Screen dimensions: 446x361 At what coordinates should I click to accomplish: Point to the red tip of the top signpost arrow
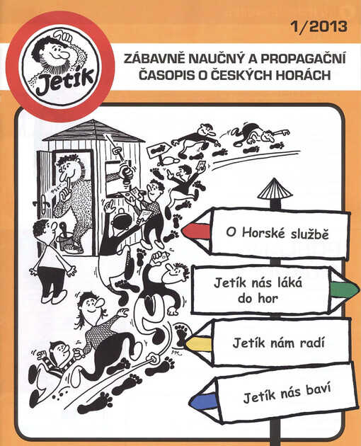(x=193, y=231)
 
